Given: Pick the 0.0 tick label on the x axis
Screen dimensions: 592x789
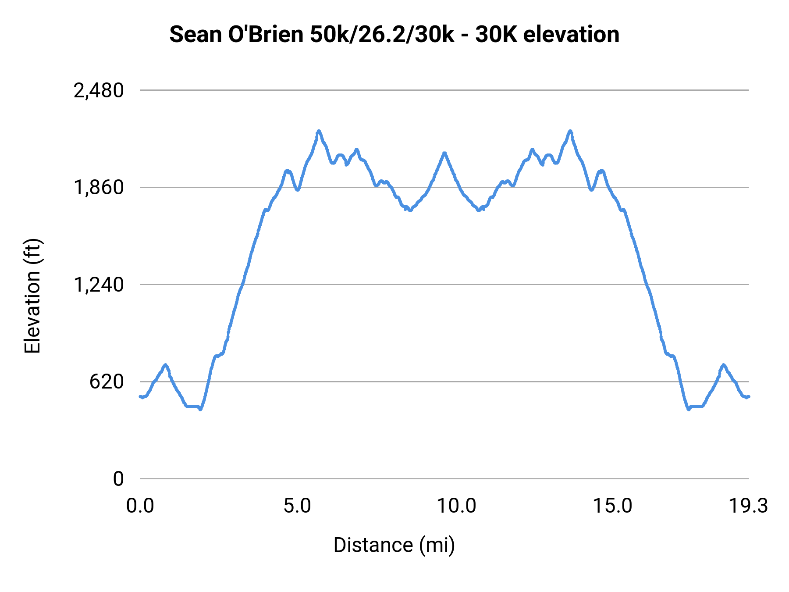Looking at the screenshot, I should click(140, 506).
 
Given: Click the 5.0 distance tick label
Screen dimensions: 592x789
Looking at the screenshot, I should click(297, 506).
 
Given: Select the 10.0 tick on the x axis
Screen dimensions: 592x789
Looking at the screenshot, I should click(456, 506).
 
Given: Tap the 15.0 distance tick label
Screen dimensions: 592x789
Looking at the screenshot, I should click(612, 506).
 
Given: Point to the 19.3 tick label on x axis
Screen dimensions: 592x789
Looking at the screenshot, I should click(748, 506).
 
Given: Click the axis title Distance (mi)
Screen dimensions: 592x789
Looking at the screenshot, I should click(394, 546).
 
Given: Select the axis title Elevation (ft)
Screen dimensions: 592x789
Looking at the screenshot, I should click(32, 296).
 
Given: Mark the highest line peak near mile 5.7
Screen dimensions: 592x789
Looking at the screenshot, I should click(319, 131).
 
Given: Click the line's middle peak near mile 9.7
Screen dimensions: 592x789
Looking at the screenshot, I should click(444, 153).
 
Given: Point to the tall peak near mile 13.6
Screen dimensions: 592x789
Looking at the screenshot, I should click(570, 131).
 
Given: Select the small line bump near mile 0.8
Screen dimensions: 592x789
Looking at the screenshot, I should click(165, 365).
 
